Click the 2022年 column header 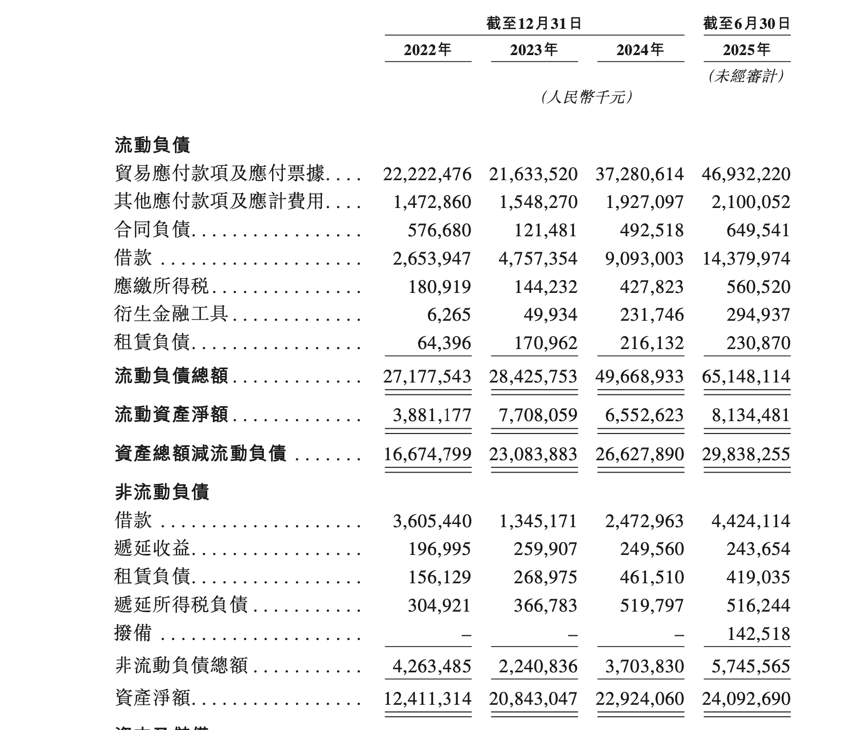coord(427,50)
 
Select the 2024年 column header coord(640,50)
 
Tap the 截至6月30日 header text coord(746,24)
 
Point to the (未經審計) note coord(746,77)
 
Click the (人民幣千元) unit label coord(586,97)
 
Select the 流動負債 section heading coord(152,145)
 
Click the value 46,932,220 coord(746,174)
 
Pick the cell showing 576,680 coord(439,230)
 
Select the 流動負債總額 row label coord(171,376)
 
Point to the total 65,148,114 coord(746,376)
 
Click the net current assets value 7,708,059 coord(538,415)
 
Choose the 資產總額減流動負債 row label coord(200,454)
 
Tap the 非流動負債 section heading coord(161,492)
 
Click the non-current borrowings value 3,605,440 coord(432,521)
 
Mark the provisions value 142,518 coord(758,633)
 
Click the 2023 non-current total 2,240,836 coord(538,667)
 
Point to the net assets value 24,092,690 coord(746,699)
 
